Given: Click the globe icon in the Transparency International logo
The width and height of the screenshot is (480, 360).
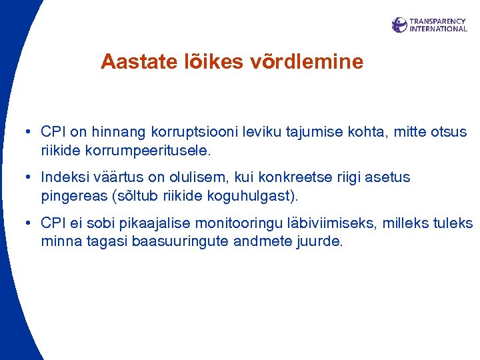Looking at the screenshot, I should [399, 25].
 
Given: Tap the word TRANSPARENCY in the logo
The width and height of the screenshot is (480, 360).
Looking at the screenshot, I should [437, 21].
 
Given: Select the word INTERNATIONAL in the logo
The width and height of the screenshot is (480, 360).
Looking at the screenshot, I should [438, 29].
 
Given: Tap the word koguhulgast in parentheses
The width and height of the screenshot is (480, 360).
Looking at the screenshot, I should [261, 196].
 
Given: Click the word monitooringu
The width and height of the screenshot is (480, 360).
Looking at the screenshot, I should [227, 223].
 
